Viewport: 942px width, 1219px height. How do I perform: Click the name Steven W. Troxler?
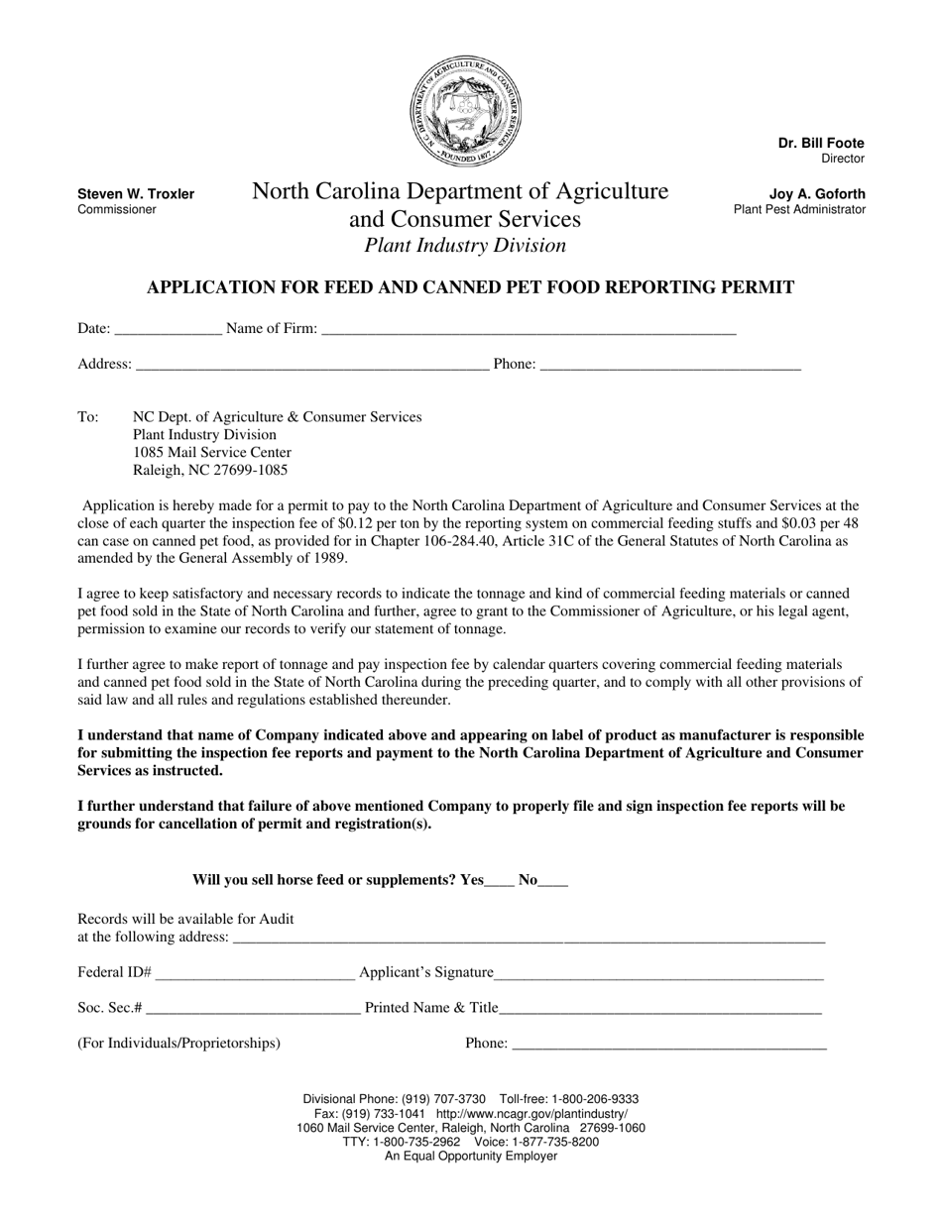(136, 194)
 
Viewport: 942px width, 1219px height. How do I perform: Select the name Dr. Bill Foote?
(821, 144)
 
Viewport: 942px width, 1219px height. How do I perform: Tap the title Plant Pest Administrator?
(799, 210)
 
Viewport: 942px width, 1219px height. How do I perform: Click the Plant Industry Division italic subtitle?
(465, 246)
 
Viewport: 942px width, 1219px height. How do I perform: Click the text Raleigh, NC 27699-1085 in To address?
(210, 471)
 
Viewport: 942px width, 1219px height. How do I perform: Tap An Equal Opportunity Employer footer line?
(471, 1156)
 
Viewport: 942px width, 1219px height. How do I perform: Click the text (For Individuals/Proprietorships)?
(178, 1043)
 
